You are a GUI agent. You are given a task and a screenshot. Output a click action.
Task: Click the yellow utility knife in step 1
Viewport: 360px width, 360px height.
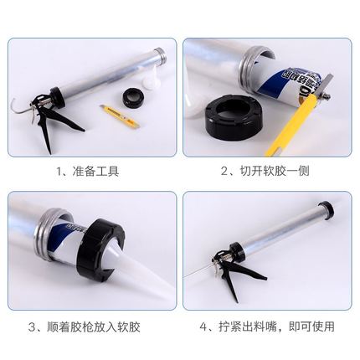(x=120, y=114)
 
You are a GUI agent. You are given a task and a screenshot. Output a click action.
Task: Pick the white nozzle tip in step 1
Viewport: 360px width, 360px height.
(x=149, y=77)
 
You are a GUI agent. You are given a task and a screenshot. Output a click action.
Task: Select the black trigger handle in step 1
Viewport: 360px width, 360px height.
(x=53, y=123)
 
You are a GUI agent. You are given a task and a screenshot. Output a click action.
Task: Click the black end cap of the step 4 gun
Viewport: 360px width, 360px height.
(x=327, y=209)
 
